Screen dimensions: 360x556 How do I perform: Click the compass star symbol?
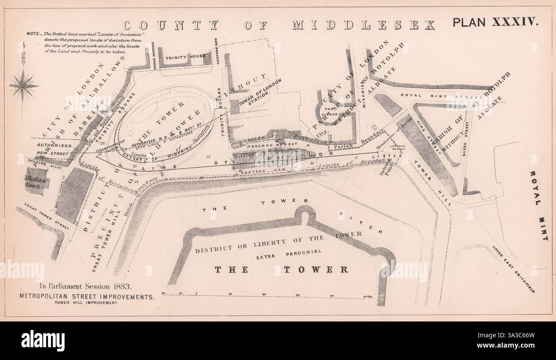(24, 85)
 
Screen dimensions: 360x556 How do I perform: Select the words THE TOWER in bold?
(281, 270)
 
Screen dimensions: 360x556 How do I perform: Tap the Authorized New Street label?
(54, 148)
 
